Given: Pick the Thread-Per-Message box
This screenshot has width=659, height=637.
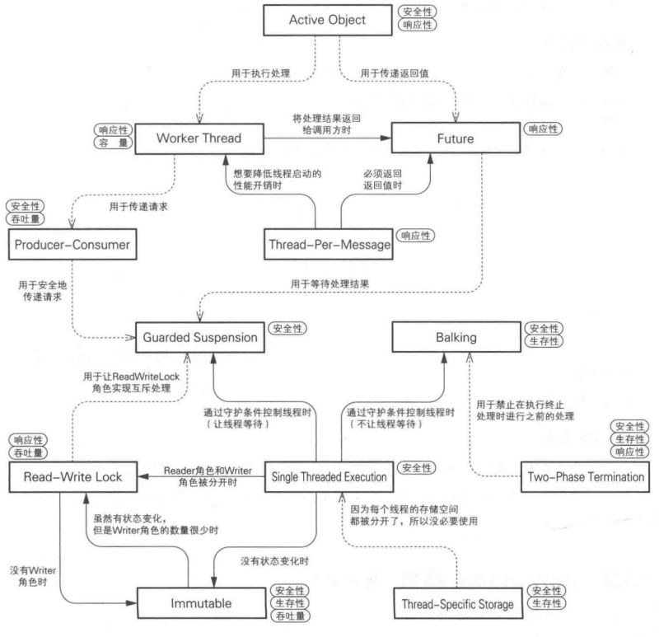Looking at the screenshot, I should pos(327,245).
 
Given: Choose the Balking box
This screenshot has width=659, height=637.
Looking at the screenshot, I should pos(456,337).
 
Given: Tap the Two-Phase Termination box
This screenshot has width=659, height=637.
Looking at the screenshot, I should pos(587,476).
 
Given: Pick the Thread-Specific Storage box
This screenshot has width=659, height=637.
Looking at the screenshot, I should pos(456,604).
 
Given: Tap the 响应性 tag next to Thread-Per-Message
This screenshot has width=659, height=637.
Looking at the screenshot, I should pos(416,235).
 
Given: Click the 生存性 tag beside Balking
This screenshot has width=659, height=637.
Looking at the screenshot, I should pos(542,341).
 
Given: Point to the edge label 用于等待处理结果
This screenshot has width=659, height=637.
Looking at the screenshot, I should pos(329,283).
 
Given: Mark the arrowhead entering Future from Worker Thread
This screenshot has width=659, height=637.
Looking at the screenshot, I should pos(386,138).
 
